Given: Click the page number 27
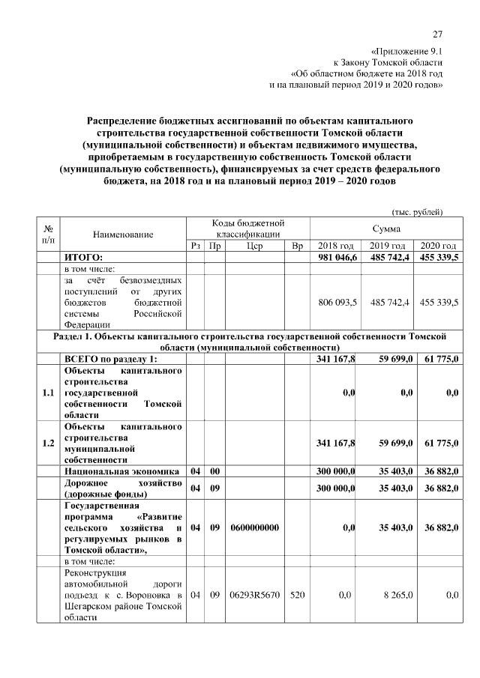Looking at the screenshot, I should tap(439, 34).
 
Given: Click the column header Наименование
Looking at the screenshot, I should tap(123, 234).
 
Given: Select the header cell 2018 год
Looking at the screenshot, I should tap(336, 246).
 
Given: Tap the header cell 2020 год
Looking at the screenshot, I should tap(438, 246).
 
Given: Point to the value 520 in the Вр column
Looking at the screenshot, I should tap(297, 595).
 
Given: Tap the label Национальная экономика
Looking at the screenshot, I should tap(121, 471).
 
